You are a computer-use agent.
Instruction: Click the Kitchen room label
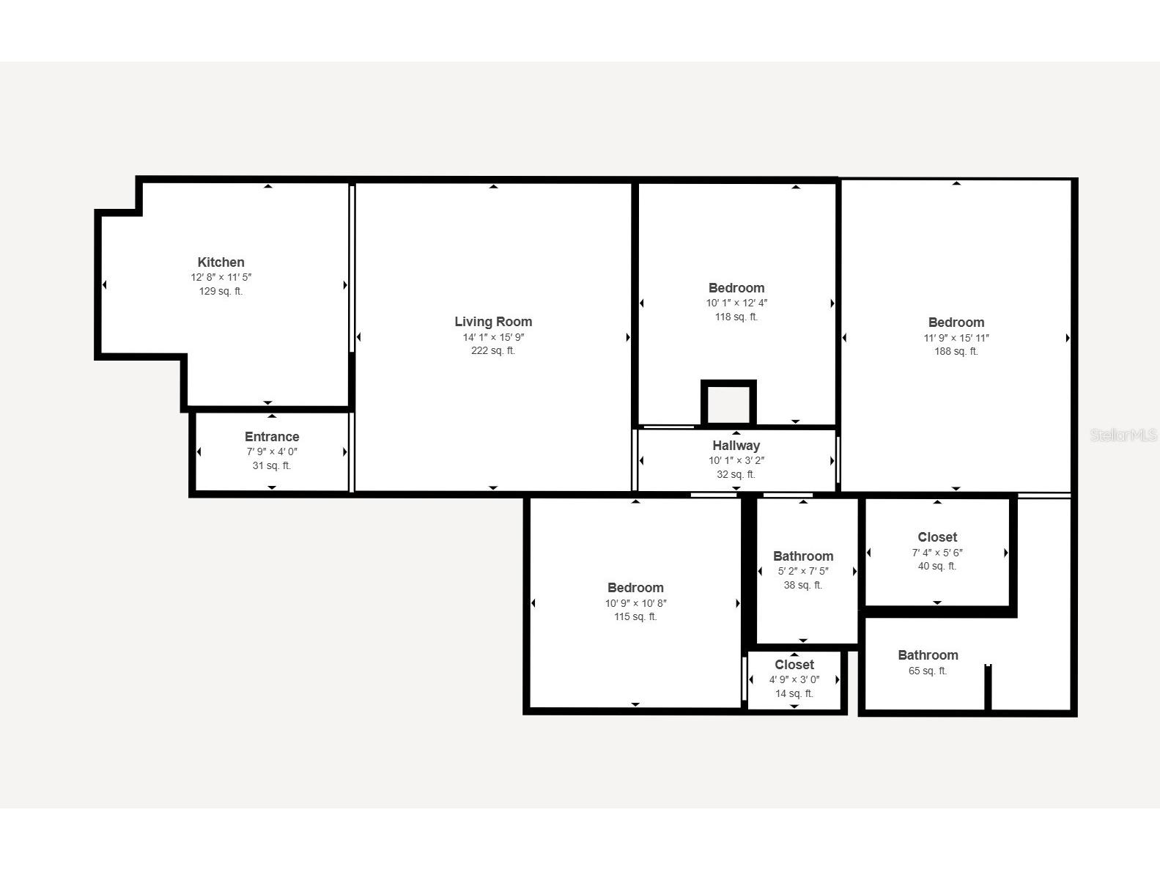[x=221, y=262]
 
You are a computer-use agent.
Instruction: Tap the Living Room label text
[x=493, y=322]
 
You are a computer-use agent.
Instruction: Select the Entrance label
[x=272, y=437]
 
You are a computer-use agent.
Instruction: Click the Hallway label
[x=736, y=446]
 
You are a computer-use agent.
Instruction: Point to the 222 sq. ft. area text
[x=493, y=351]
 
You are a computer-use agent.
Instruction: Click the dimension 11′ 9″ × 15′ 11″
[x=956, y=338]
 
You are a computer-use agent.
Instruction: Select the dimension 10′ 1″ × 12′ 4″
[x=736, y=303]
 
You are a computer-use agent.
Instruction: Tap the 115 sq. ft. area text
[x=635, y=617]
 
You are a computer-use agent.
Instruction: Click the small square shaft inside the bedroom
[x=728, y=403]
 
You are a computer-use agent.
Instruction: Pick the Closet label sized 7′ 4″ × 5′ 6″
[x=937, y=537]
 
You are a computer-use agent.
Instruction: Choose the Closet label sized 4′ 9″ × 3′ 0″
[x=794, y=665]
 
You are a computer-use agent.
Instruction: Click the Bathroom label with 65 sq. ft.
[x=928, y=655]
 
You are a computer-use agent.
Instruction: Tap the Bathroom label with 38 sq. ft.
[x=803, y=556]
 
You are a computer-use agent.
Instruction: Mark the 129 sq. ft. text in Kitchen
[x=221, y=292]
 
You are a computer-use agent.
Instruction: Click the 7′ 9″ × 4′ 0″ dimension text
[x=272, y=452]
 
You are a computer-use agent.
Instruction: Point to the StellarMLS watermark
[x=1123, y=435]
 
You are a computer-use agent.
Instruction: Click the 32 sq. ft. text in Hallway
[x=736, y=475]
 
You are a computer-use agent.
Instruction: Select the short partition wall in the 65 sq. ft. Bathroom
[x=988, y=687]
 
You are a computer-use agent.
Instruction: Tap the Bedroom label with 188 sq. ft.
[x=956, y=322]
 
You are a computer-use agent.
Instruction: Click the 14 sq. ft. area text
[x=794, y=694]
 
